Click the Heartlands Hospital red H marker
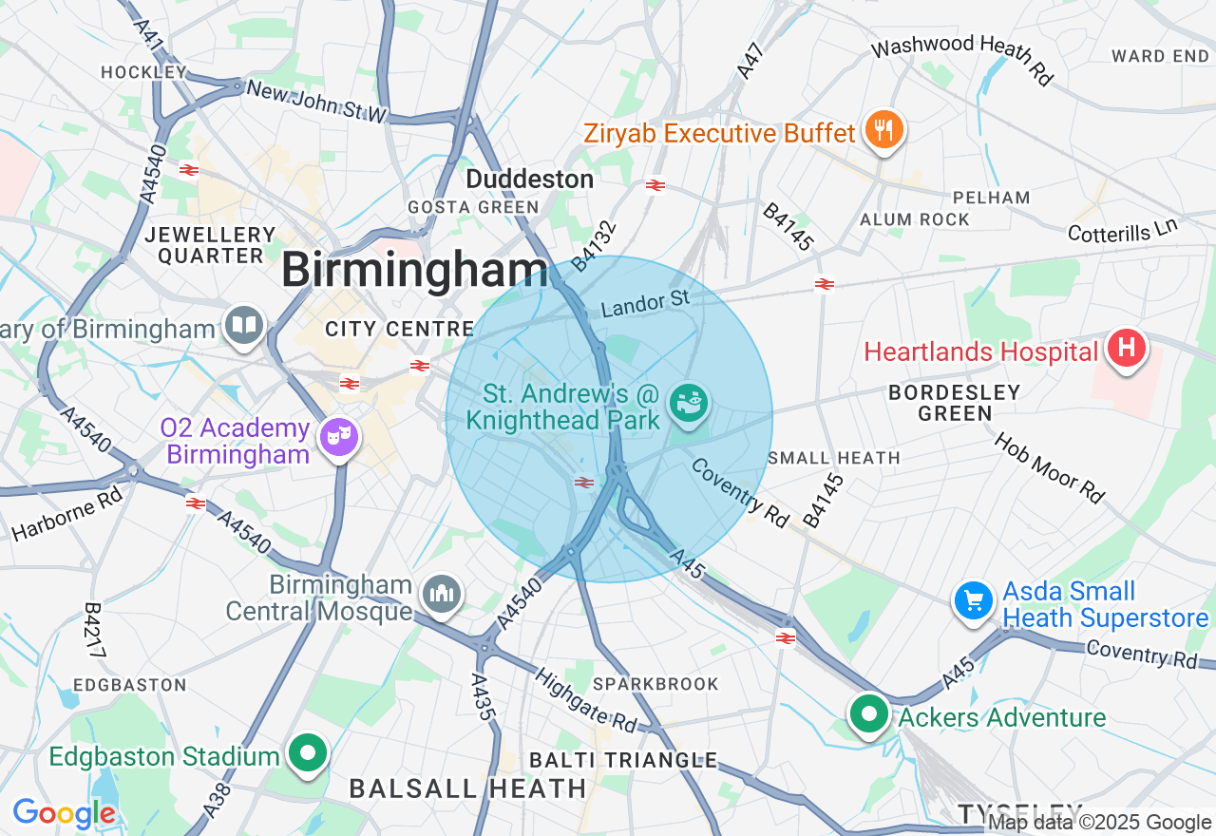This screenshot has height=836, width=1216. [x=1126, y=349]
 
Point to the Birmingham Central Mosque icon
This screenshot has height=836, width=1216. [x=441, y=595]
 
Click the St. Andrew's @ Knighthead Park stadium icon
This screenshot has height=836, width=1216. [x=689, y=403]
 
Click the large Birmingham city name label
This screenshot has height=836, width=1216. [x=414, y=271]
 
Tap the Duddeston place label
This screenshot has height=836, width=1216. [x=529, y=179]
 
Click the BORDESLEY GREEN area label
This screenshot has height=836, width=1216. [x=955, y=403]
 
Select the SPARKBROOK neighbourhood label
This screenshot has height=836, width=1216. [x=655, y=684]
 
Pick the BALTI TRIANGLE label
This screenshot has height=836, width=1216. [x=622, y=759]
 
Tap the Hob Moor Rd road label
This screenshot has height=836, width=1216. [x=1050, y=468]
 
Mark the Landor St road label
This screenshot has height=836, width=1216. [x=645, y=305]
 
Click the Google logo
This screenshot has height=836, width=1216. [x=64, y=814]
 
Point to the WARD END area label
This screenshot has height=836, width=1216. [x=1160, y=56]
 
